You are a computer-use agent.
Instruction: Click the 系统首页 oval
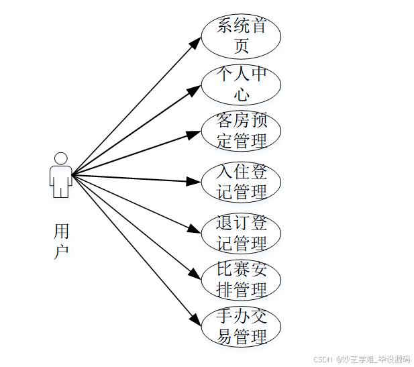point(242,36)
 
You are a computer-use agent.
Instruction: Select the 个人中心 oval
point(242,85)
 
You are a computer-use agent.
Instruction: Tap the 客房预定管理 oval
point(242,132)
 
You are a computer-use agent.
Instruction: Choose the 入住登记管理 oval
point(242,181)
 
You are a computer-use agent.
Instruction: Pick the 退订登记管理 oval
point(242,233)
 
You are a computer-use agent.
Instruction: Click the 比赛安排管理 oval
point(242,280)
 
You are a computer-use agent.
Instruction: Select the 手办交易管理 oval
point(242,327)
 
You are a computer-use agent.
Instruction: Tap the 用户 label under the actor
point(61,242)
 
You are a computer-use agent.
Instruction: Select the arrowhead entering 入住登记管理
point(195,181)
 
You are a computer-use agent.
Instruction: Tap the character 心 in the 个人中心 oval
point(242,94)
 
